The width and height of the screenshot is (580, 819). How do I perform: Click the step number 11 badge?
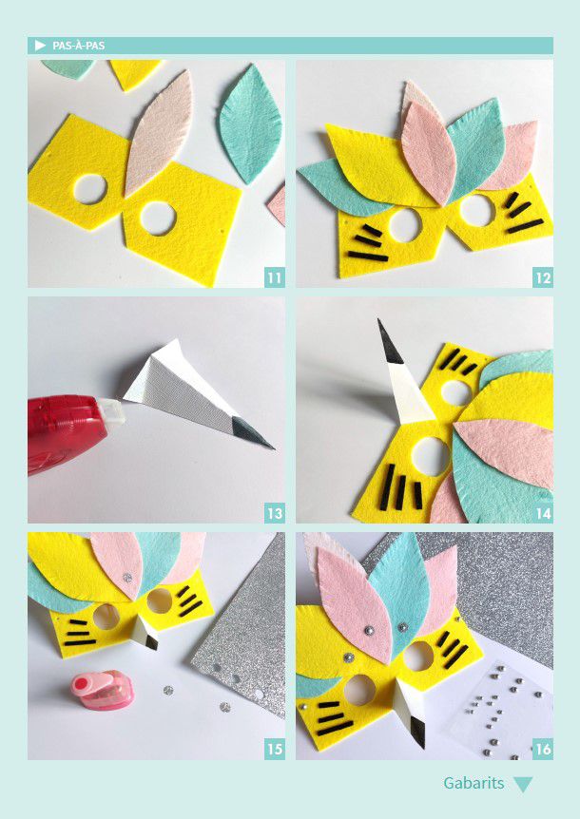[x=275, y=277]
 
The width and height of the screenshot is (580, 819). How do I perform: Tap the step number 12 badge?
[x=544, y=277]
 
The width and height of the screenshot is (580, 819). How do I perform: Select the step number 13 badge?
[x=275, y=513]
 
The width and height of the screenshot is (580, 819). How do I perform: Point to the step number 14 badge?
[x=544, y=513]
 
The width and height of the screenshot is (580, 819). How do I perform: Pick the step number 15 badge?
[x=275, y=750]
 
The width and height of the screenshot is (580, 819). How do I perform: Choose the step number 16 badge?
[x=544, y=750]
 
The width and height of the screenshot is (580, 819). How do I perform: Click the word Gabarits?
[x=474, y=783]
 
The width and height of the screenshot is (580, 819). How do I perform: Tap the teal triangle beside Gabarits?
[x=523, y=784]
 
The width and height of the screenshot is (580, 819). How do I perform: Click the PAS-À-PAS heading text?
[x=78, y=46]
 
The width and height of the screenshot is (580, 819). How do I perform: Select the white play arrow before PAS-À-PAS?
[x=40, y=46]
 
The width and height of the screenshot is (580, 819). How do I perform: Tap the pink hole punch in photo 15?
[x=102, y=690]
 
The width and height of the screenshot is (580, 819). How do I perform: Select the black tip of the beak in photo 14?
[x=389, y=343]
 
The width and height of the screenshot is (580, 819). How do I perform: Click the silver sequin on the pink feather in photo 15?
[x=126, y=579]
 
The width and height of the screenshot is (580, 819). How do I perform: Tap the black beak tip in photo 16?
[x=418, y=733]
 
